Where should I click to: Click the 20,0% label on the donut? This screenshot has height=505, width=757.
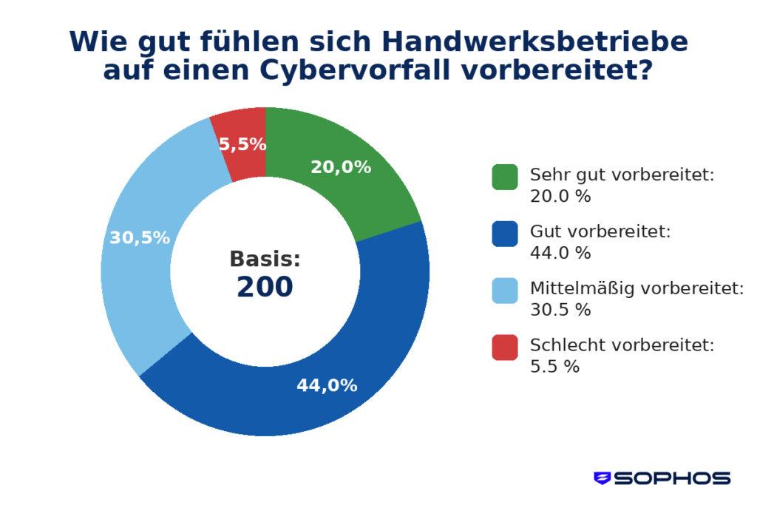[340, 167]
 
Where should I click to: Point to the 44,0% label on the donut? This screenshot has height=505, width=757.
[327, 385]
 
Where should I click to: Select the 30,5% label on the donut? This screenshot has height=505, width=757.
[140, 238]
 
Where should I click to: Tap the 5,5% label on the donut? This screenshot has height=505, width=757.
[242, 145]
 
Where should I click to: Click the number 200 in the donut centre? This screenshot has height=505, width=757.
[265, 288]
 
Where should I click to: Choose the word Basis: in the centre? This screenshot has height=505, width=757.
[265, 259]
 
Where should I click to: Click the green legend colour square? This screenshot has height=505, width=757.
[504, 177]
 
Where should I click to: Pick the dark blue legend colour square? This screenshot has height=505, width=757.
[504, 233]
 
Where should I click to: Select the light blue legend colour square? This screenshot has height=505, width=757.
[504, 290]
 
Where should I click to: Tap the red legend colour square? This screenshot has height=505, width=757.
[504, 347]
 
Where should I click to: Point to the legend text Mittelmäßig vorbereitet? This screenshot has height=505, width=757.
[637, 288]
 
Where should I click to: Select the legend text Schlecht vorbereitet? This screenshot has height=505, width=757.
[622, 345]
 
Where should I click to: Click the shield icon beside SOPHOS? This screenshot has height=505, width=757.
[602, 478]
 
